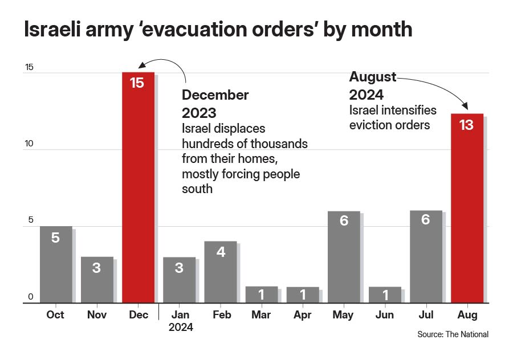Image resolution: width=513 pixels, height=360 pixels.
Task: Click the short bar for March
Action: pos(262,294)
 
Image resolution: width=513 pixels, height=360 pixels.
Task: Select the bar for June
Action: pos(385,294)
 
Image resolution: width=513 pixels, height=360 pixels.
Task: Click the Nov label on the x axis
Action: pos(97,315)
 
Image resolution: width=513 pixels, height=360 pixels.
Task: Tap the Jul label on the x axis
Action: pos(426,315)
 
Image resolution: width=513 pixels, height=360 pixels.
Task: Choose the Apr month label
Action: pos(303,315)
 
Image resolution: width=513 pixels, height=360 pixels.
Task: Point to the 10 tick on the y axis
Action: pos(29,144)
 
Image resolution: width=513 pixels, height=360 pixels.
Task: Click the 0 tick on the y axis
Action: pos(31,297)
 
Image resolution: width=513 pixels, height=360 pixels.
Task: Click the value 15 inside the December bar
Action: pos(137,83)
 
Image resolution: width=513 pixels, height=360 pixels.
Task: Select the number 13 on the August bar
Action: pos(466,125)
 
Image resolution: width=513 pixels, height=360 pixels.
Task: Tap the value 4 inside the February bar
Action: pos(221,252)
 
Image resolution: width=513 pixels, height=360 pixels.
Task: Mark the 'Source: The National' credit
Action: pos(453,334)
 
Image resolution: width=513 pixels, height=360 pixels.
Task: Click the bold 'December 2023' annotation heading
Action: pos(215,103)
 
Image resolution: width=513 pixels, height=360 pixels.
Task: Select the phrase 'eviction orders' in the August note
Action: pos(389,125)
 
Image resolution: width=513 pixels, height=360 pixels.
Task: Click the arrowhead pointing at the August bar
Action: pos(465,107)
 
